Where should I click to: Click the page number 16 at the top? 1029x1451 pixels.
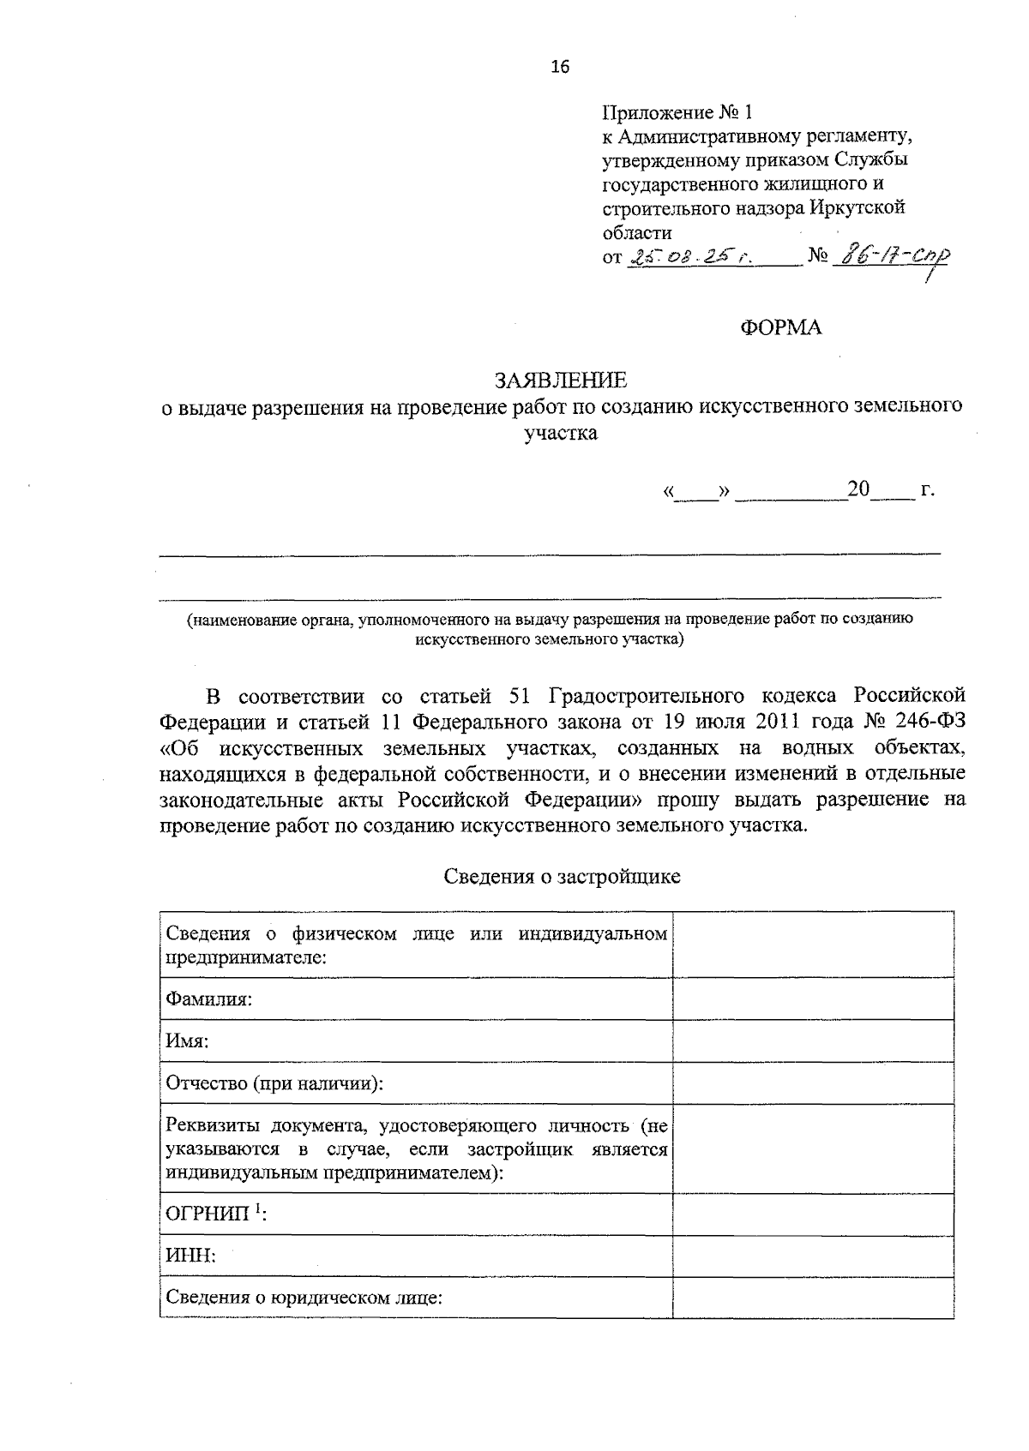pos(560,67)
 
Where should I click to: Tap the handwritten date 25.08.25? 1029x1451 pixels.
pos(691,258)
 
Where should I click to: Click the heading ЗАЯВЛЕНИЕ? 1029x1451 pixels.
pos(560,380)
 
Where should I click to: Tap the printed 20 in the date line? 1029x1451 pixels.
pos(858,489)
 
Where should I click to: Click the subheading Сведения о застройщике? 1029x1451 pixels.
pos(562,876)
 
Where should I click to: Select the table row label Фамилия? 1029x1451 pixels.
pos(208,999)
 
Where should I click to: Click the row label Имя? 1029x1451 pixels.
pos(188,1041)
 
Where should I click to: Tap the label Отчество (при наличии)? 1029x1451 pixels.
pos(274,1083)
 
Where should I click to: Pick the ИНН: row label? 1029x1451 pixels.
pos(190,1256)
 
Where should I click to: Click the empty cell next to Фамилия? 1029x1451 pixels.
pos(813,998)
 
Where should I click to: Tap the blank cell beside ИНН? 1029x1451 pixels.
pos(813,1256)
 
